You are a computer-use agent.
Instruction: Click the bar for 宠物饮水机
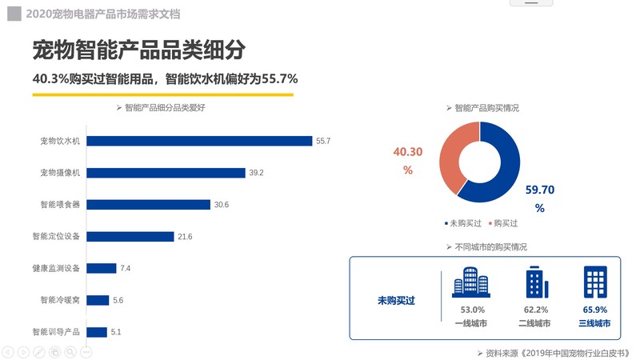198,141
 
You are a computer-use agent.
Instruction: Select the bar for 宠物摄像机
165,173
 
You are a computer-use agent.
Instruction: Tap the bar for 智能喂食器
148,205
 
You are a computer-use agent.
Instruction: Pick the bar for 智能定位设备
130,237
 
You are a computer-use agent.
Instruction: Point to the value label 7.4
125,269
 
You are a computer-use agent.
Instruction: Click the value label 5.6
118,301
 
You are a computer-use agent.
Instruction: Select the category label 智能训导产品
56,332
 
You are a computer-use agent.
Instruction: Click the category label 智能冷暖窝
60,301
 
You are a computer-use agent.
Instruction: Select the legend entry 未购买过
464,224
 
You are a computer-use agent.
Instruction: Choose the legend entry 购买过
503,224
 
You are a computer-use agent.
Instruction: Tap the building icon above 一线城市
469,282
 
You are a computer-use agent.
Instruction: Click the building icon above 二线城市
534,282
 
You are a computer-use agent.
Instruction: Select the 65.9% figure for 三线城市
594,310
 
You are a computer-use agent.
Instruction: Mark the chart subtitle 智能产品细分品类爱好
164,107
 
